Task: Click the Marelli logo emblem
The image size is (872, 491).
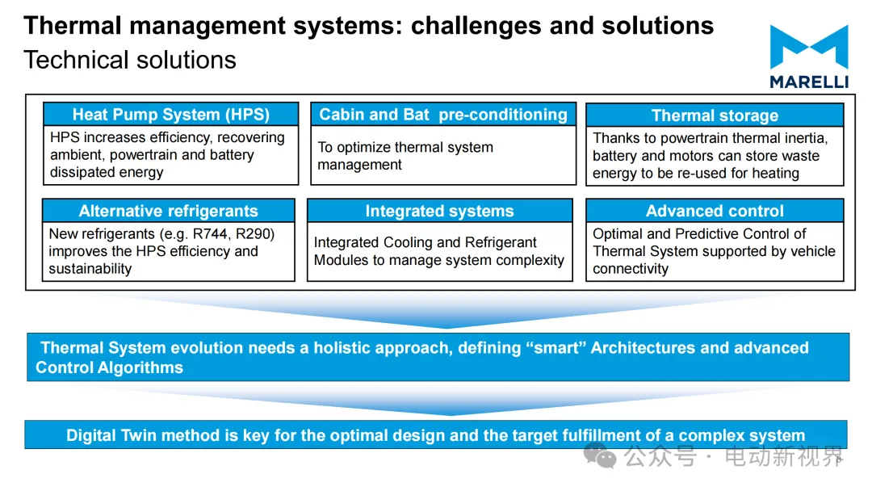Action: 808,47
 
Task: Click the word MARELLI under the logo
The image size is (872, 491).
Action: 808,82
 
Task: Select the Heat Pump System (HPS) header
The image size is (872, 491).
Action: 171,115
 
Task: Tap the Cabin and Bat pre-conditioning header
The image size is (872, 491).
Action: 443,115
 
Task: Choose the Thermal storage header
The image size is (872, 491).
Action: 715,115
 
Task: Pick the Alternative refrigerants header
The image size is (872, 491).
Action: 168,212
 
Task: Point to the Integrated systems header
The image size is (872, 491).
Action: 439,212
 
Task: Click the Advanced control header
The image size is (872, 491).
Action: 715,212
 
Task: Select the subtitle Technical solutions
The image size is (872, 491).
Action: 130,60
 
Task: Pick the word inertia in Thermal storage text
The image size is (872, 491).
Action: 804,138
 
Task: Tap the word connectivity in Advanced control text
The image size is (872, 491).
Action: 631,269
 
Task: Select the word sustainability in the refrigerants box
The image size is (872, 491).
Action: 90,269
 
